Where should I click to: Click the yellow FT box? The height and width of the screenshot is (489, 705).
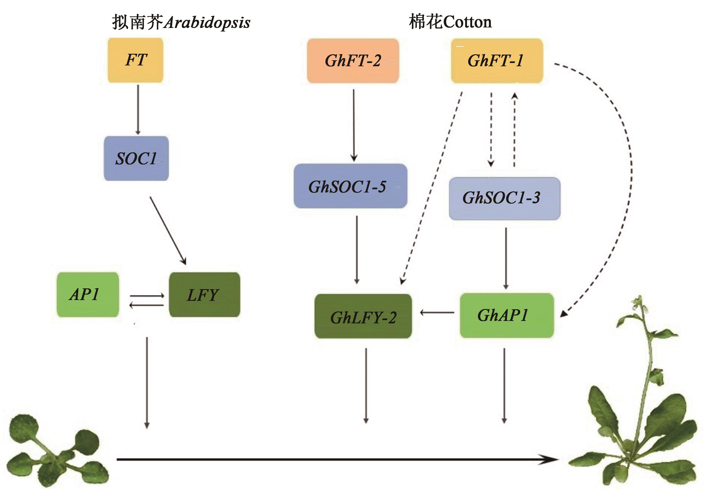pos(135,60)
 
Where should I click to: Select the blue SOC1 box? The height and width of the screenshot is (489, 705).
pos(136,158)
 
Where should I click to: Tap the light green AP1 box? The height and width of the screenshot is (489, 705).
pos(88,294)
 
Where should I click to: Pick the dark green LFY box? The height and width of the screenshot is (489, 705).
pos(205,294)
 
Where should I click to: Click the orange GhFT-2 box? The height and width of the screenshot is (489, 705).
pos(353,61)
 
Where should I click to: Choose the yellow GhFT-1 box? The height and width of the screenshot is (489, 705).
pos(497,61)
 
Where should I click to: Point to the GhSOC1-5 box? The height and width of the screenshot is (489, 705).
pos(350,186)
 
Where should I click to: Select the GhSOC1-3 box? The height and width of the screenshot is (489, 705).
pos(504,198)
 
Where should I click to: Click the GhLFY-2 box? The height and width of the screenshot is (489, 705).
pos(363,316)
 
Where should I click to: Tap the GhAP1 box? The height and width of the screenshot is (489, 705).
pos(507,316)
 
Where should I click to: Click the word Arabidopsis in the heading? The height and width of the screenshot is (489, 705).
pos(207,22)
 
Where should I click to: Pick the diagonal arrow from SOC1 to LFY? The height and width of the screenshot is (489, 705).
pos(168,231)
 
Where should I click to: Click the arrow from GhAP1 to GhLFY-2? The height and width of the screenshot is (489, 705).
pos(437,313)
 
